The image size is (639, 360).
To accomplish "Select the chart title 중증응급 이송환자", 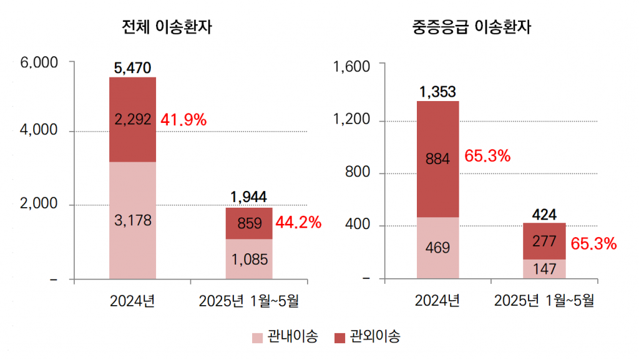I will tap(472, 27).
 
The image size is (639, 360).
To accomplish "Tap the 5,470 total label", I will tap(132, 68).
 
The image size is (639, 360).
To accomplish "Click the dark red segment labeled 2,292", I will tap(132, 119).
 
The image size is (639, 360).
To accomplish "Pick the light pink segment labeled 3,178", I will tap(132, 220).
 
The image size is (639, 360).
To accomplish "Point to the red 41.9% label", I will tap(183, 120).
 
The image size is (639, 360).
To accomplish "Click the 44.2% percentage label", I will tap(298, 222).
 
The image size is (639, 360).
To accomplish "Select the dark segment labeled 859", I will tap(249, 223).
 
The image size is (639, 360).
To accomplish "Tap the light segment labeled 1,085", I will tap(249, 258).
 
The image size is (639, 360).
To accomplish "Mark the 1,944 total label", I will tap(249, 197).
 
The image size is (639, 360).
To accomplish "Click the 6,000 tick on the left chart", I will tap(39, 63).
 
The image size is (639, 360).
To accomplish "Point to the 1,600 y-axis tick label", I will tap(353, 67).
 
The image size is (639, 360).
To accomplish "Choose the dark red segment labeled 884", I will tap(437, 159).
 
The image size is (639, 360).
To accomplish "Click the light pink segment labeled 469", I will tap(437, 248).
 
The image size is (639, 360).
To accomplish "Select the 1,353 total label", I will tap(437, 92).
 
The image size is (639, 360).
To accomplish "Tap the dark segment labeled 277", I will tap(545, 241).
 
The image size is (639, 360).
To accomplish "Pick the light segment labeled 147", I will tap(545, 269).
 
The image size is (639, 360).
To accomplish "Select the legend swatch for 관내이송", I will tap(258, 338).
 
